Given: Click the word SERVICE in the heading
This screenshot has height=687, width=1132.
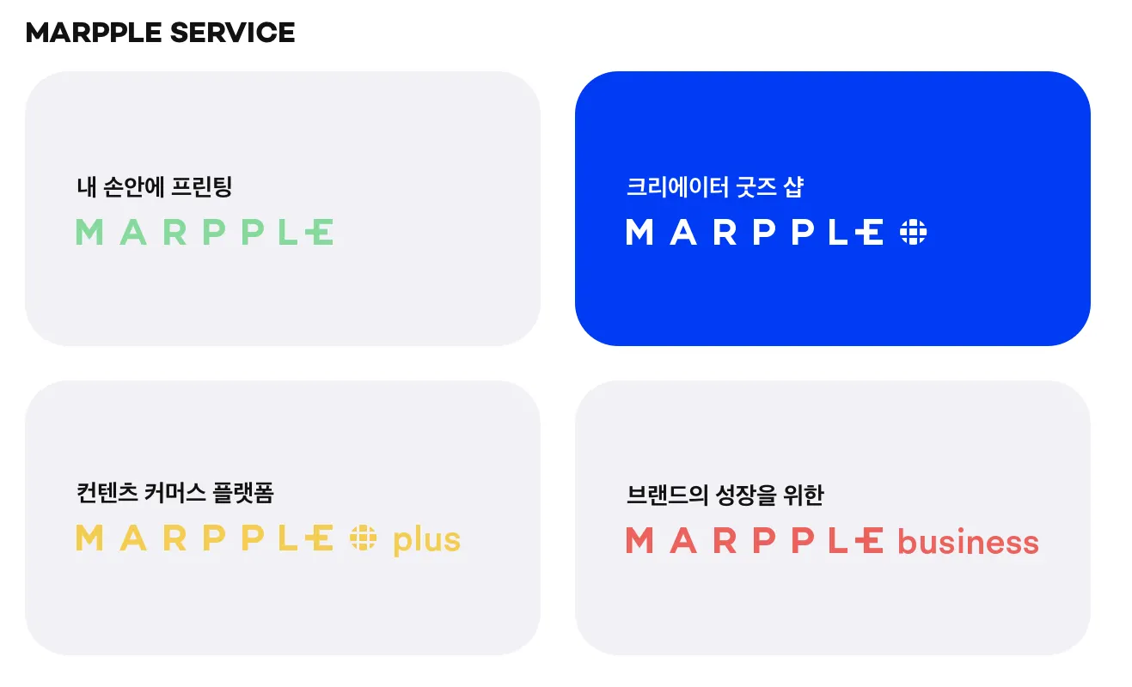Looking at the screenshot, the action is coord(232,33).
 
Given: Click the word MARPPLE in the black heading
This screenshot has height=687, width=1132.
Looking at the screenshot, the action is coord(94,33).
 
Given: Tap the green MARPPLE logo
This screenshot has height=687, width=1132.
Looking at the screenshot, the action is coord(205,232).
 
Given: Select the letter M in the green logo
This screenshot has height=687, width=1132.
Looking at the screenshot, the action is coord(89,232).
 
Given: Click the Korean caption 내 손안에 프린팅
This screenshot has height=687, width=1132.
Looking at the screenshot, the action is coord(154,186).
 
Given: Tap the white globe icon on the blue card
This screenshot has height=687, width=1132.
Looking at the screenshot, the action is coord(913,232).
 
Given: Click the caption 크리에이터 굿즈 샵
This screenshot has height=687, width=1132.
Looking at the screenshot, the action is coord(714,186).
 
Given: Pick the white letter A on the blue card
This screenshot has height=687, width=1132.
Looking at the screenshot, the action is coord(683,232).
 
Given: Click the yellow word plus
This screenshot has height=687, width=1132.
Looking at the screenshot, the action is coord(427,541).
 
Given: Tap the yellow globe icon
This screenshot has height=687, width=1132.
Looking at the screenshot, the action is coord(363,538).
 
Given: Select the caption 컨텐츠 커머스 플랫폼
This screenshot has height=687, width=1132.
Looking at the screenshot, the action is coord(174,493).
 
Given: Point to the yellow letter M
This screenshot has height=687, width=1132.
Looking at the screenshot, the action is coord(89,538).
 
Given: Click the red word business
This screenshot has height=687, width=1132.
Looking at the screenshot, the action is coord(969,542).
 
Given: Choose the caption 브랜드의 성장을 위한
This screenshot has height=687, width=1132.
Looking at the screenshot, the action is coord(725,495).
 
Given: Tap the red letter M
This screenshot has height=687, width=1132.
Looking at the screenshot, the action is coord(639,540).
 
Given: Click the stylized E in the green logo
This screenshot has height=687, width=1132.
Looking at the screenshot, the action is coord(320,232).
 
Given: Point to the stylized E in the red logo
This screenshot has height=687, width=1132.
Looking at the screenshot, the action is coord(869,540).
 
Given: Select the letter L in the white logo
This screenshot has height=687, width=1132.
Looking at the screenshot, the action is coord(838,232).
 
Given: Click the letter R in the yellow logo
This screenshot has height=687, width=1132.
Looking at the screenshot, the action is coord(174,538).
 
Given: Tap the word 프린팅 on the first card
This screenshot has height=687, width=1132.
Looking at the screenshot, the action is coord(202,186).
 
